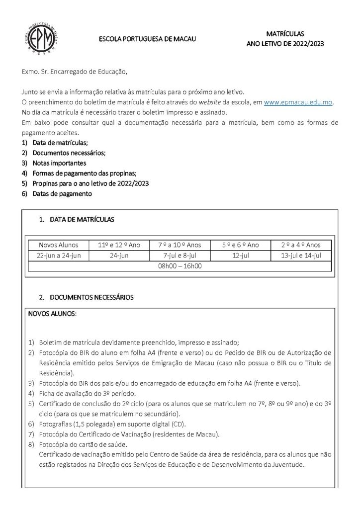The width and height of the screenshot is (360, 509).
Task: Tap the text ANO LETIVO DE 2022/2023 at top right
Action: [x=285, y=44]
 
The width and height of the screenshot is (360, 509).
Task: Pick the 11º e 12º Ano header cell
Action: [x=119, y=245]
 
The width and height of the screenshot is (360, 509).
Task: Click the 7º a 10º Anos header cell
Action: [x=180, y=245]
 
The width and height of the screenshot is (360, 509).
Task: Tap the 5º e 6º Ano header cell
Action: [x=241, y=245]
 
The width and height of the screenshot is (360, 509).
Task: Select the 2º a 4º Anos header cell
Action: [x=301, y=245]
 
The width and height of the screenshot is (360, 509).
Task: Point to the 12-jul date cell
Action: [x=241, y=255]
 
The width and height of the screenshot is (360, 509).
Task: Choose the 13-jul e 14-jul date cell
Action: [x=301, y=255]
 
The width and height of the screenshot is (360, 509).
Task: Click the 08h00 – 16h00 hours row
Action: [x=180, y=266]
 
